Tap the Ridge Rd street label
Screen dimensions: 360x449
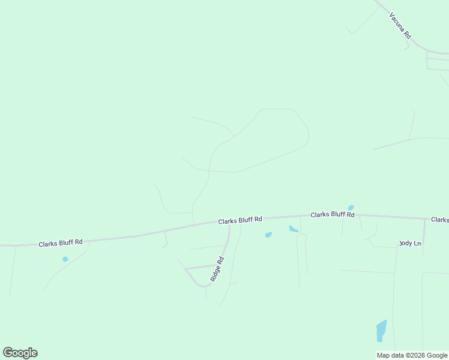pyautogui.click(x=217, y=269)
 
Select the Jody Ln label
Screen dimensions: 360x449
pyautogui.click(x=411, y=244)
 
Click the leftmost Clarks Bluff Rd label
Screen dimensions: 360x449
pyautogui.click(x=60, y=243)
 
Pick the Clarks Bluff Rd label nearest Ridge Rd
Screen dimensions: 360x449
pyautogui.click(x=240, y=220)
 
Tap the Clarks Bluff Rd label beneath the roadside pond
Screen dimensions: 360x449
pyautogui.click(x=332, y=214)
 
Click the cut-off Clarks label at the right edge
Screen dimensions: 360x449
pyautogui.click(x=440, y=220)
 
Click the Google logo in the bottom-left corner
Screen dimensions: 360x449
pyautogui.click(x=20, y=353)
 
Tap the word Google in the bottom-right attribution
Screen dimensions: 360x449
pyautogui.click(x=437, y=355)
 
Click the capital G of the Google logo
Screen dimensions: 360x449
pyautogui.click(x=8, y=352)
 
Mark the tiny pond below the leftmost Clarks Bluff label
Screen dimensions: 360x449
pyautogui.click(x=65, y=259)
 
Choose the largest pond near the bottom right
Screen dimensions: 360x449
pyautogui.click(x=381, y=331)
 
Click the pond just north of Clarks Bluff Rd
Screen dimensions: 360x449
pyautogui.click(x=351, y=208)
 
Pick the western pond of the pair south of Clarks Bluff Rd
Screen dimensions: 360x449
pyautogui.click(x=268, y=235)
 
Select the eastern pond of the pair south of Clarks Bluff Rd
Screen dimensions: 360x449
pyautogui.click(x=294, y=229)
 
